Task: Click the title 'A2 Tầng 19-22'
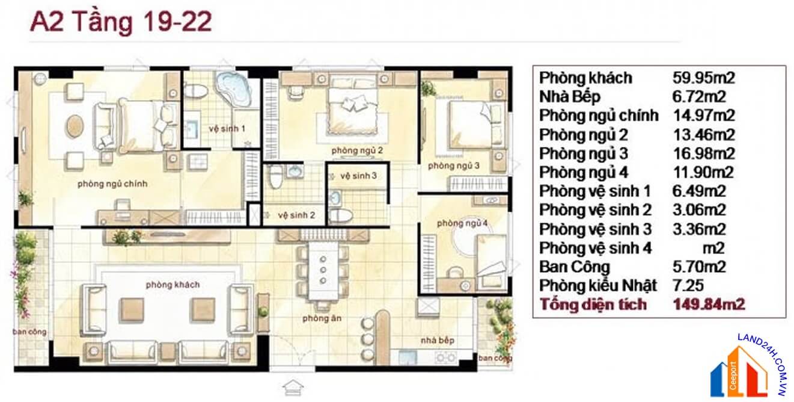point(121,22)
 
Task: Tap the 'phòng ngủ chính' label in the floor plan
point(112,184)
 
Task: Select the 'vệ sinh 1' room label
point(227,128)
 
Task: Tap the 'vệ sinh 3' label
point(358,176)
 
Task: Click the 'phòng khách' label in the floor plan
point(173,285)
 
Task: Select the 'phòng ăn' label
point(314,318)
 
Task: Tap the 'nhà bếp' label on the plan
point(437,341)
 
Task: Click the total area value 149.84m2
point(709,305)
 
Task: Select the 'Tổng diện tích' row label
point(593,305)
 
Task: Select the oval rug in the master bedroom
point(76,126)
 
